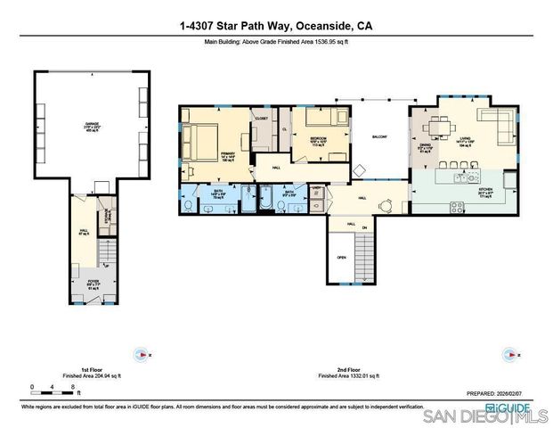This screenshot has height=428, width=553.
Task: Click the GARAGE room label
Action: coord(92,126)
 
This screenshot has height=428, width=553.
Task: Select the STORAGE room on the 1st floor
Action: coord(110,216)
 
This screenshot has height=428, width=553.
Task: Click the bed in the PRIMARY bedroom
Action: coord(201,140)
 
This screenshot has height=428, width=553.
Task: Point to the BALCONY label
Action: coord(379,136)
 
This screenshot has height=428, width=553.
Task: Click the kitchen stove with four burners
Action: coord(458,208)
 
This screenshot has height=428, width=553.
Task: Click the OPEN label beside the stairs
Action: coord(341,257)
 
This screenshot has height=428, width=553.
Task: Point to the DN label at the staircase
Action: coord(364,228)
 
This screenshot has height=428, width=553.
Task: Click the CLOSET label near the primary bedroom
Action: coord(261,119)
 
